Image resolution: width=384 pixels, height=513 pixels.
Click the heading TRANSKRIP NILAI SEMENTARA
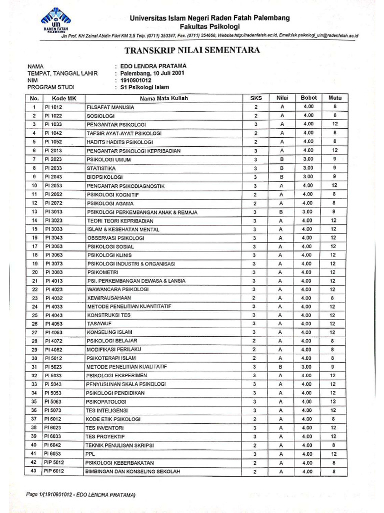tap(191, 50)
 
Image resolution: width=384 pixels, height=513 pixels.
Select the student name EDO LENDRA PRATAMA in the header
tap(153, 66)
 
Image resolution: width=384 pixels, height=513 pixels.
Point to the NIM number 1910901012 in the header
tap(135, 80)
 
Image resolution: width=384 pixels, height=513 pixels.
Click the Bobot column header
tap(308, 98)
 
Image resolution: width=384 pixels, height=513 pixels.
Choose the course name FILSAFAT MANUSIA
tap(110, 107)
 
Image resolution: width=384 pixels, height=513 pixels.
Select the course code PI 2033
tap(53, 168)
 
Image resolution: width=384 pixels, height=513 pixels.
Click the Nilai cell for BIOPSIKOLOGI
tap(281, 177)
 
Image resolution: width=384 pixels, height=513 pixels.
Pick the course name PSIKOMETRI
tap(102, 272)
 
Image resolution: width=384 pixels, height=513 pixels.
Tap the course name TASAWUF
tap(99, 324)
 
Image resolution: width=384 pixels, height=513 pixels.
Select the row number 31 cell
tap(34, 367)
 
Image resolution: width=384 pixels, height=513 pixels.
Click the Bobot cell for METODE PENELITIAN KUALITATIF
tap(308, 367)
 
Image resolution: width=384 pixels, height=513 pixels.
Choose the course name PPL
tap(91, 454)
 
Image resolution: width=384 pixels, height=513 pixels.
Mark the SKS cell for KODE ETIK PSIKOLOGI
tap(255, 419)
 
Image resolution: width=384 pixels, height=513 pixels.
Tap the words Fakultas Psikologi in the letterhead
tap(209, 27)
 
